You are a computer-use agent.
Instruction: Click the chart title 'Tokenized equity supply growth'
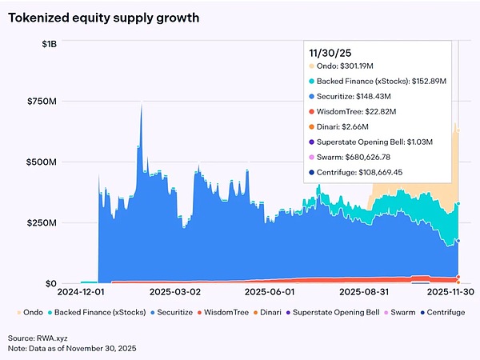pyautogui.click(x=105, y=17)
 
